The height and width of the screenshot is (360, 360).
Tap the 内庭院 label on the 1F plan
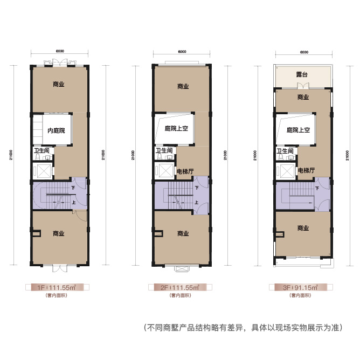pos(56,130)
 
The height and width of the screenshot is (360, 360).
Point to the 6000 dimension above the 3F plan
pos(303,52)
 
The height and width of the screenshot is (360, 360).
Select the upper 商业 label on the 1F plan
pos(59,84)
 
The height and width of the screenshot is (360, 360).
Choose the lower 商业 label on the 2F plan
pos(183,233)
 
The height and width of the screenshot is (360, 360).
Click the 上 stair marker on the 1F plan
pos(73,203)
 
